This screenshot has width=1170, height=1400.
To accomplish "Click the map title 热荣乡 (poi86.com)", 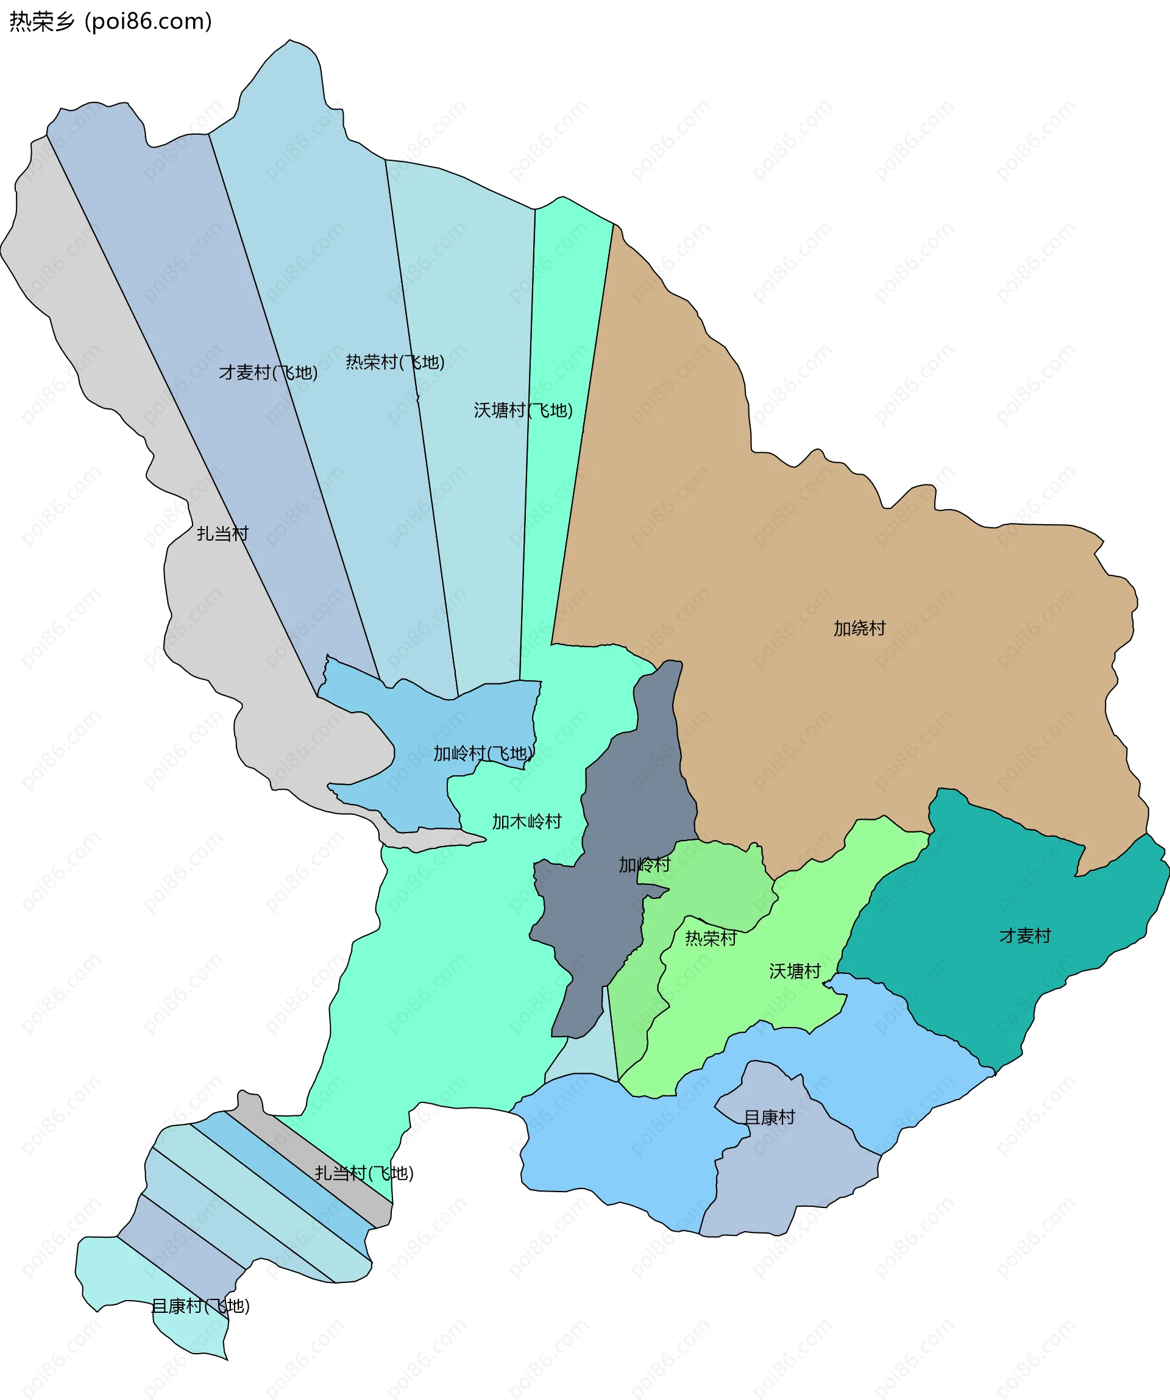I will tap(111, 22).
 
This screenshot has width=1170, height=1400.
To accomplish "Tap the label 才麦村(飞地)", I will tap(268, 372).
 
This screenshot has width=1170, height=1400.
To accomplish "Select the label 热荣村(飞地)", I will tap(395, 362).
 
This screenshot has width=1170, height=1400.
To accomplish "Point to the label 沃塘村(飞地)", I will tap(523, 410).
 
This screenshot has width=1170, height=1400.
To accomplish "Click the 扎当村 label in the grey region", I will tap(222, 533).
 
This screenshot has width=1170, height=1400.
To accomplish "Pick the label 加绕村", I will tap(859, 628).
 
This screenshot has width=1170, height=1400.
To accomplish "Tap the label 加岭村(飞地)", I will tap(483, 753).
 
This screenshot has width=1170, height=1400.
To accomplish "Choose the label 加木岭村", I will tap(526, 822).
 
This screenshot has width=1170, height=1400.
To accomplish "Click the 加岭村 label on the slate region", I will tap(644, 865).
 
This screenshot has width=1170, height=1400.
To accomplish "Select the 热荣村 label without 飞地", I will tap(711, 938).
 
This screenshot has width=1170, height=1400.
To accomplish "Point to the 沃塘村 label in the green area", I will tap(795, 971).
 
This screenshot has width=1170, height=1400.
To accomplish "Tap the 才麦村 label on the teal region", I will tap(1025, 936).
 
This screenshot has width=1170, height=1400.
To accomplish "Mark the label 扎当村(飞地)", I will tap(364, 1173).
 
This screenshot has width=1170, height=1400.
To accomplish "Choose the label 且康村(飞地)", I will tap(200, 1306).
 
